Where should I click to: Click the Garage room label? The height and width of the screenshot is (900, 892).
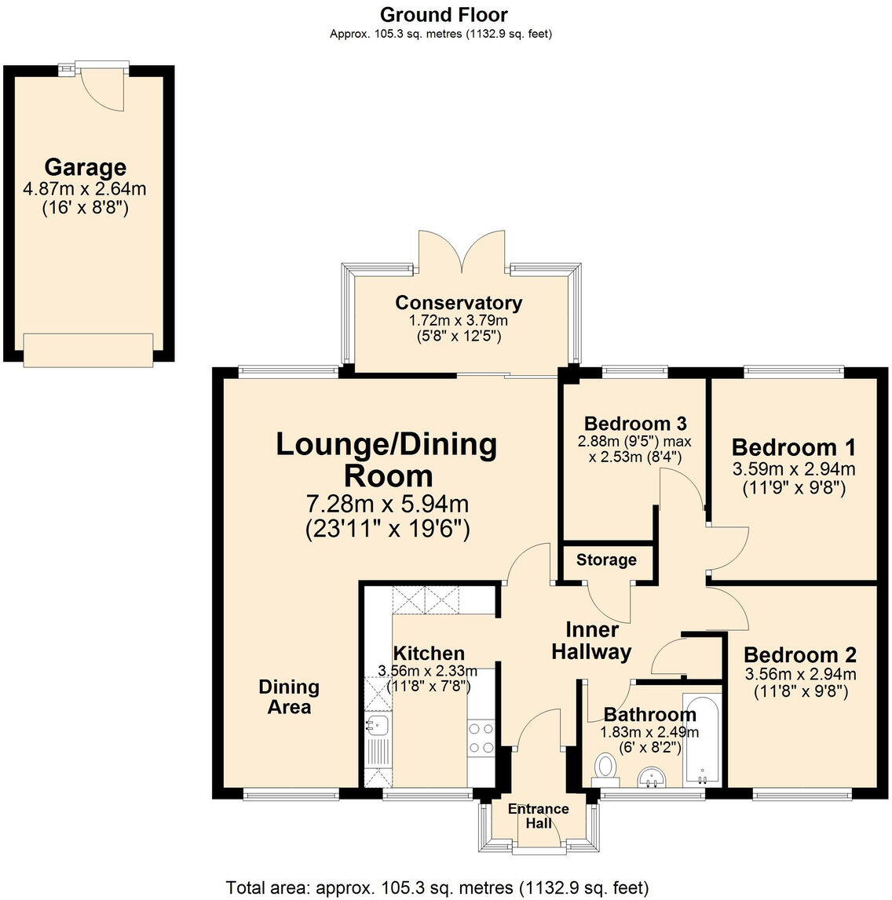point(85,167)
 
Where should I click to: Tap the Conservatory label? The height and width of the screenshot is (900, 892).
point(459,303)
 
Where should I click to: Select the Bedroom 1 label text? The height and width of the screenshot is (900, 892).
point(793,447)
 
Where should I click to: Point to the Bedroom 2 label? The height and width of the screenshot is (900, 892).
point(799,654)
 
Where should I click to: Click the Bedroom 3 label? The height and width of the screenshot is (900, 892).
point(635,424)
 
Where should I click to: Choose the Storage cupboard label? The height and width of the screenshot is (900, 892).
point(606,559)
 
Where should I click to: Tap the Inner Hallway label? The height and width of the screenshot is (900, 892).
point(592,641)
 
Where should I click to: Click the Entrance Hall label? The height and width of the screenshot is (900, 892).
point(538,816)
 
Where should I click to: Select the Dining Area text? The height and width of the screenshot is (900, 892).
point(289,697)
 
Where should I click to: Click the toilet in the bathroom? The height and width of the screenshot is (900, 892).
point(605,767)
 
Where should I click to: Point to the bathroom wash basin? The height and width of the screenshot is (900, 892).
point(652,778)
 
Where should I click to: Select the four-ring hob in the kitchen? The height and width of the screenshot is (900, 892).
point(481,738)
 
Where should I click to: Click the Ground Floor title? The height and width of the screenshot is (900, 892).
point(444,14)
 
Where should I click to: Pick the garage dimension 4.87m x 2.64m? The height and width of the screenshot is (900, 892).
point(86,188)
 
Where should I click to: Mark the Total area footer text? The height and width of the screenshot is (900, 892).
point(437,887)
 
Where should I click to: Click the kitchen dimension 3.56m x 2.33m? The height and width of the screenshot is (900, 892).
point(427,671)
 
